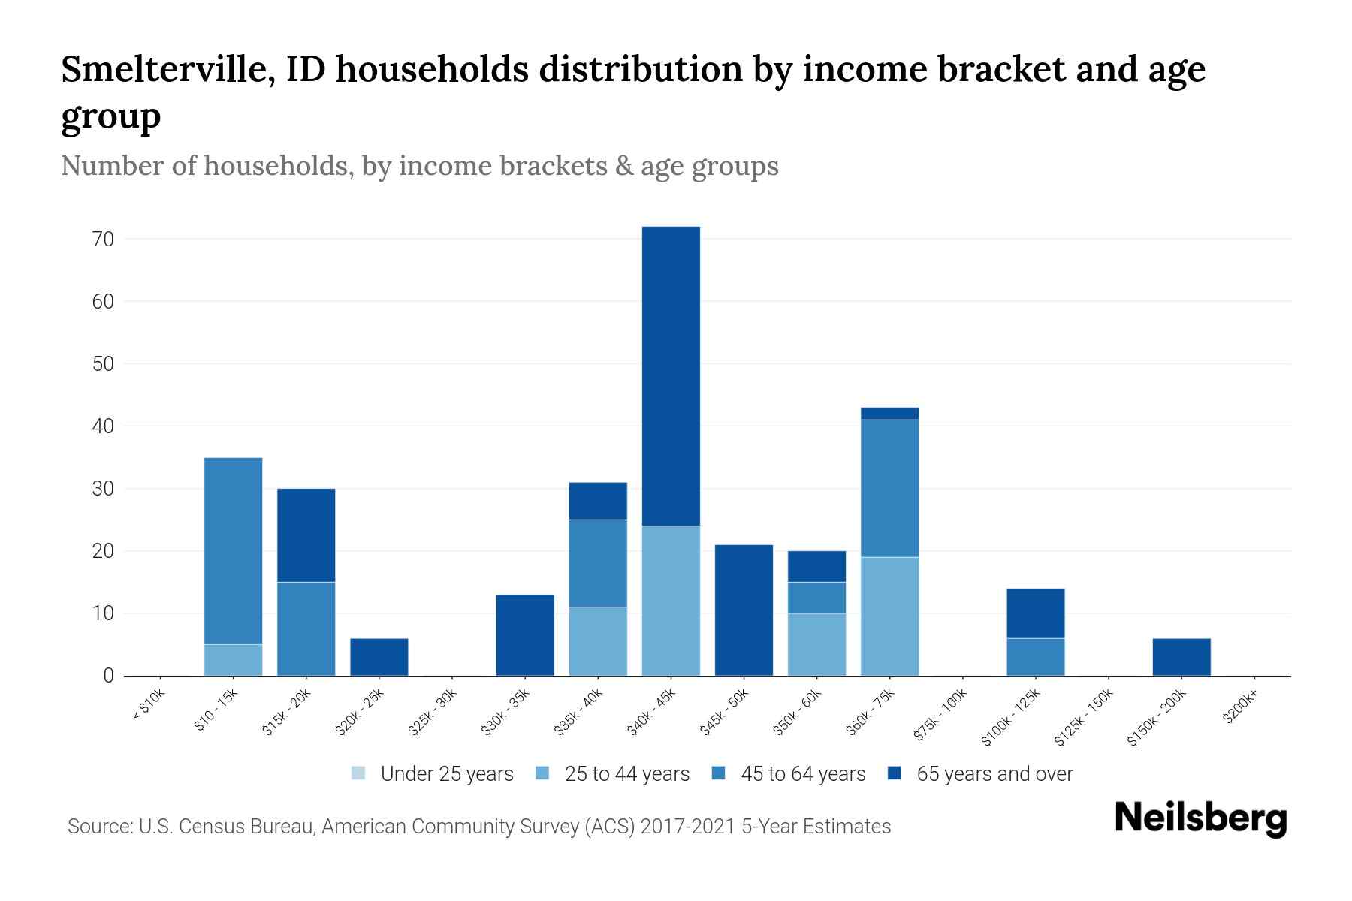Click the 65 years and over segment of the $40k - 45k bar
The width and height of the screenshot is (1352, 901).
click(671, 375)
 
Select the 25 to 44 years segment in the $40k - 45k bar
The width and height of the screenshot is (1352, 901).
click(671, 601)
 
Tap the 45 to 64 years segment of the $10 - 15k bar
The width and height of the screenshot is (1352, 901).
click(233, 550)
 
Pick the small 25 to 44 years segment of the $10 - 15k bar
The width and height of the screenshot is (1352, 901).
click(233, 660)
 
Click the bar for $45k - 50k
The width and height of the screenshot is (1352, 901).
click(744, 610)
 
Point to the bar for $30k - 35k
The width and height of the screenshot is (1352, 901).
click(525, 635)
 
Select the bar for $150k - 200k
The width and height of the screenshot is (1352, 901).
click(1181, 657)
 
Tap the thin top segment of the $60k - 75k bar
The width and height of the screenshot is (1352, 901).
click(889, 414)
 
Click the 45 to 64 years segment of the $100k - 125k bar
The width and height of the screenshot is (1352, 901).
click(1036, 657)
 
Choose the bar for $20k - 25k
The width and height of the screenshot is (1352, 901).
click(379, 657)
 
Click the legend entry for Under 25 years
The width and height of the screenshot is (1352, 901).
click(433, 773)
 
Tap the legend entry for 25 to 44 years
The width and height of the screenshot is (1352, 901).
click(613, 773)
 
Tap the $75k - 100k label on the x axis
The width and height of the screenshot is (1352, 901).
click(940, 717)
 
